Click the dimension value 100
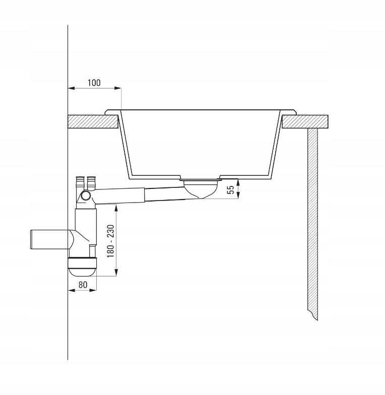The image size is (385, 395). pyautogui.click(x=94, y=83)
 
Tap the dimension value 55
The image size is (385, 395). pyautogui.click(x=231, y=189)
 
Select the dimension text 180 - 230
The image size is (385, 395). pyautogui.click(x=111, y=241)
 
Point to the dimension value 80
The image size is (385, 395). pyautogui.click(x=83, y=285)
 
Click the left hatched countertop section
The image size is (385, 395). pyautogui.click(x=93, y=121)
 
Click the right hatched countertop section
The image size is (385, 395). pyautogui.click(x=305, y=121)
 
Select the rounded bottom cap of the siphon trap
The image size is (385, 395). pyautogui.click(x=82, y=267)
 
